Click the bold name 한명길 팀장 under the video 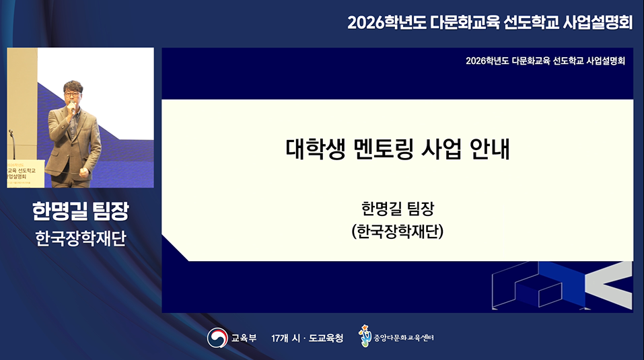pyautogui.click(x=80, y=211)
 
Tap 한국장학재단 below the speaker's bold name pyautogui.click(x=80, y=239)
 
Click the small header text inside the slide pyautogui.click(x=545, y=61)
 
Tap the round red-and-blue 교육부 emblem pyautogui.click(x=217, y=337)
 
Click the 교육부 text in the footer pyautogui.click(x=244, y=338)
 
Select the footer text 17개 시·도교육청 pyautogui.click(x=307, y=338)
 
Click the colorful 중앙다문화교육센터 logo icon pyautogui.click(x=365, y=336)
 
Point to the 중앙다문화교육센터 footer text pyautogui.click(x=404, y=338)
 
